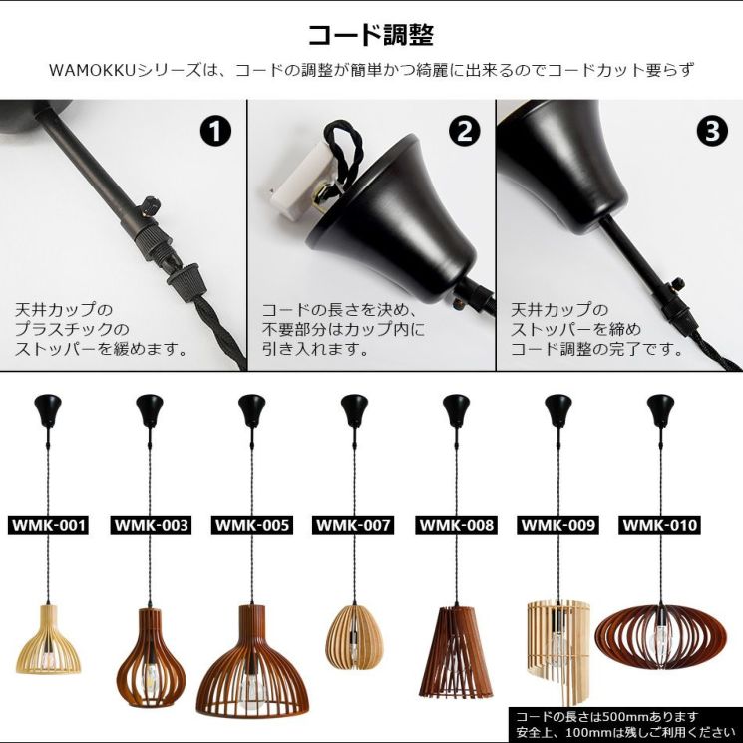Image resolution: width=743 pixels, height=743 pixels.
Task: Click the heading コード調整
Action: pos(371,35)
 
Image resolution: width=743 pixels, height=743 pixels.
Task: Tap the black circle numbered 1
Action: pos(215,131)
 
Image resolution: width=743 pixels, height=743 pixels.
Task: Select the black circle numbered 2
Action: pos(464,131)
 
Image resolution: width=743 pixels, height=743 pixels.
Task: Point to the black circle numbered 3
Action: pos(712,131)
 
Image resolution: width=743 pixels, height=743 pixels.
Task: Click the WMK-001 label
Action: pos(48,525)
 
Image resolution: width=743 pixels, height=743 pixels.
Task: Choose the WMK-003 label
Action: pos(151,525)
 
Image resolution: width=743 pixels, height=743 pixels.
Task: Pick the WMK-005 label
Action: pos(252,525)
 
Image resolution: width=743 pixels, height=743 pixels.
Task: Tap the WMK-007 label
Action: pos(353,525)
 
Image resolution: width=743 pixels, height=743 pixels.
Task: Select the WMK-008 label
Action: pos(457,525)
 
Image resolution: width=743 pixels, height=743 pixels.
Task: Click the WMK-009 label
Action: pos(557,525)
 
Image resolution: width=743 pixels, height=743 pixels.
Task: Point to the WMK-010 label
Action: pos(659,525)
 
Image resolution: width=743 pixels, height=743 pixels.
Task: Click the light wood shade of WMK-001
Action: pos(48,638)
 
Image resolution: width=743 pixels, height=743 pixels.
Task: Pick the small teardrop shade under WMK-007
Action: pos(354,637)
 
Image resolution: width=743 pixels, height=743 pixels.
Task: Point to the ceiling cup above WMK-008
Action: pos(456,410)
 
